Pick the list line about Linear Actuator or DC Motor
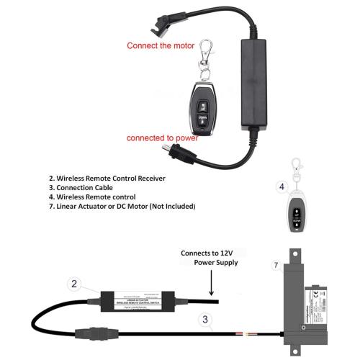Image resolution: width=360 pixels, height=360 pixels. pyautogui.click(x=122, y=206)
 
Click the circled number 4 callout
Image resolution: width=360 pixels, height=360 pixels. pyautogui.click(x=282, y=186)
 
